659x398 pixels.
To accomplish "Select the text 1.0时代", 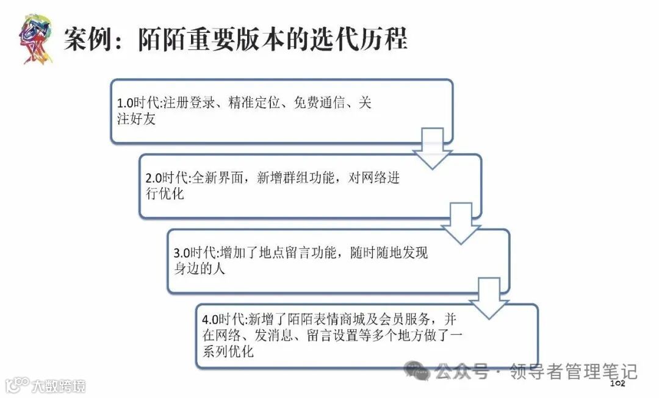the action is point(137,104).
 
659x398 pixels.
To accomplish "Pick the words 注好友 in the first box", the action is point(136,119).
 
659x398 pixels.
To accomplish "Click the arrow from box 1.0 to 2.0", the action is point(432,149).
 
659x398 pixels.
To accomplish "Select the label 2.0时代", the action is point(165,179).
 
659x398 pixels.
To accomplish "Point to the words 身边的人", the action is point(200,268).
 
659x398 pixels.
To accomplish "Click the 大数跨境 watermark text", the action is point(59,385).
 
